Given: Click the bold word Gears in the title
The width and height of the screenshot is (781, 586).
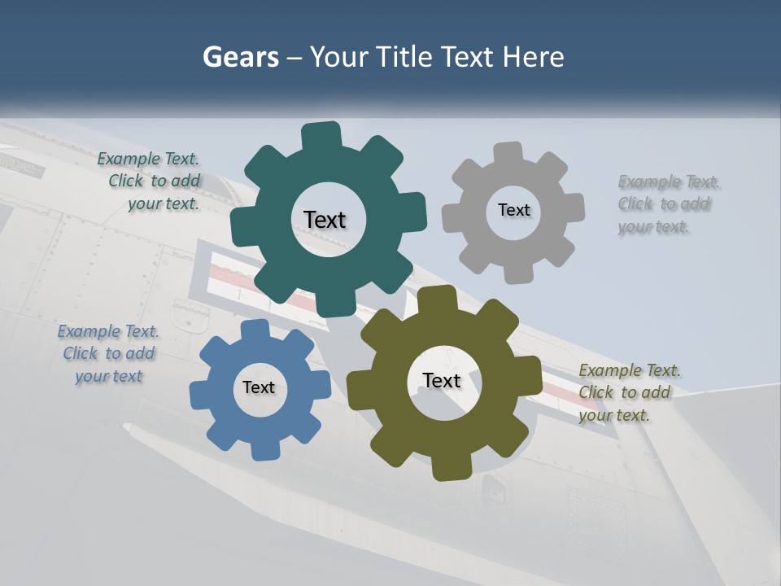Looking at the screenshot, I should (x=241, y=57).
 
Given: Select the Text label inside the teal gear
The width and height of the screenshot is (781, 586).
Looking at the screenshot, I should (x=325, y=220).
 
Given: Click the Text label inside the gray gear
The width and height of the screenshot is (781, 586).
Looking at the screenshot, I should (x=513, y=210).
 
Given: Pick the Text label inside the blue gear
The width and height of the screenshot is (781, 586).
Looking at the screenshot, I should (x=259, y=387).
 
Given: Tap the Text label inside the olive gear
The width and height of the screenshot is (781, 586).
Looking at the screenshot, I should (x=442, y=380).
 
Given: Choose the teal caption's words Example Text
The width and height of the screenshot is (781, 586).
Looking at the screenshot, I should (x=148, y=160).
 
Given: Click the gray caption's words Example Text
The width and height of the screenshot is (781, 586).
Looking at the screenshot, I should (x=669, y=181).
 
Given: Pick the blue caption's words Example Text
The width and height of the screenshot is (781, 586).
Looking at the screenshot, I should (x=107, y=331).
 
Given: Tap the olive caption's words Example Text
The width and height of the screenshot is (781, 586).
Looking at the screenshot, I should (x=630, y=371).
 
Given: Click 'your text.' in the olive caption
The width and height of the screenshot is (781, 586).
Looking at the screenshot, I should (x=614, y=415).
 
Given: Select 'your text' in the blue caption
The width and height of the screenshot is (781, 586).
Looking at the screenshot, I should (x=108, y=376).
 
